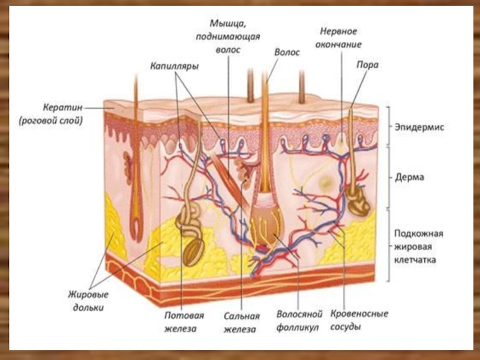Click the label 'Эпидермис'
pyautogui.click(x=419, y=127)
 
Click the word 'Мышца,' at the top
pyautogui.click(x=227, y=23)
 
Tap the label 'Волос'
pyautogui.click(x=287, y=53)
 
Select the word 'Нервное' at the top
pyautogui.click(x=339, y=31)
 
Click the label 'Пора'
pyautogui.click(x=367, y=65)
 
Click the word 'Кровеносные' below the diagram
pyautogui.click(x=359, y=314)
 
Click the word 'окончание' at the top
pyautogui.click(x=340, y=44)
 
